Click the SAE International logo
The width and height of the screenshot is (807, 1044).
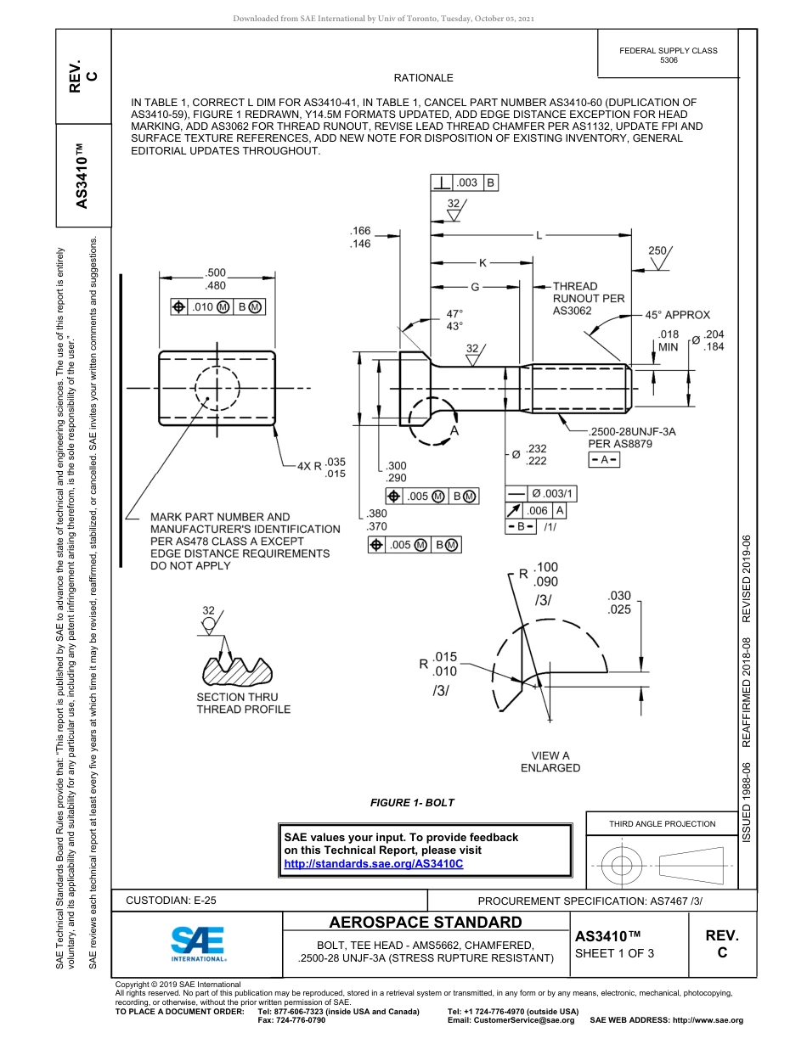197,942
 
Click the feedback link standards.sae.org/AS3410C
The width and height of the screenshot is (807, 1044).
373,863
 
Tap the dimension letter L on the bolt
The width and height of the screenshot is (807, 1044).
539,235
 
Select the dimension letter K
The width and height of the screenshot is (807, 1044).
483,263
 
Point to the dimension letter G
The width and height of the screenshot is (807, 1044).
475,287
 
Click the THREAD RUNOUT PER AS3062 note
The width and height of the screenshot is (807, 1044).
588,299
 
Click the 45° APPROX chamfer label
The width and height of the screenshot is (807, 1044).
676,315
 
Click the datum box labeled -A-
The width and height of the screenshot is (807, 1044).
604,459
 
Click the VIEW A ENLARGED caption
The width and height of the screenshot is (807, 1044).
550,761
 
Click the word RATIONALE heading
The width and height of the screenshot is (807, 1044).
424,78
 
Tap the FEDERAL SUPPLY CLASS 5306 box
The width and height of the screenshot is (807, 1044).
668,55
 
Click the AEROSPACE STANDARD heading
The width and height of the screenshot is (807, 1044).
425,923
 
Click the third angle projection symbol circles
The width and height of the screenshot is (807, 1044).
622,865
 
